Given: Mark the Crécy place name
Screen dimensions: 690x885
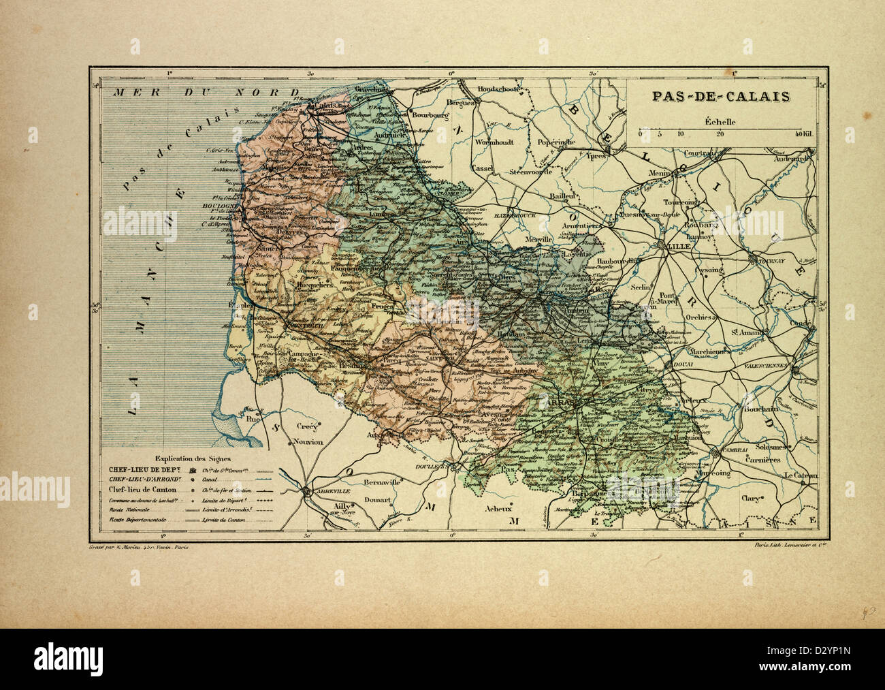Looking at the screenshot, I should pos(304,425).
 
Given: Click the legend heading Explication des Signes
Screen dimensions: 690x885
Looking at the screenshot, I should pos(193,458).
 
